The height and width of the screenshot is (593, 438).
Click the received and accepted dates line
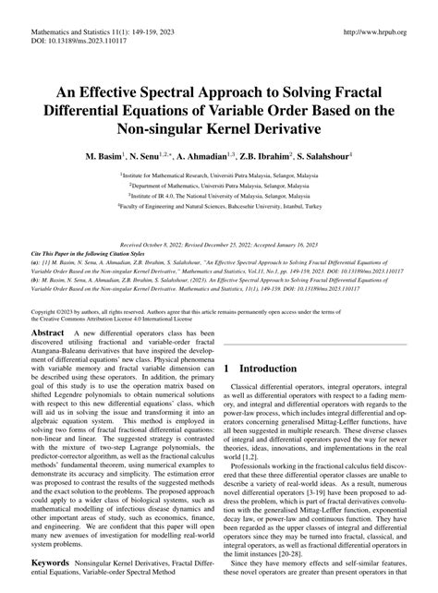click(220, 235)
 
